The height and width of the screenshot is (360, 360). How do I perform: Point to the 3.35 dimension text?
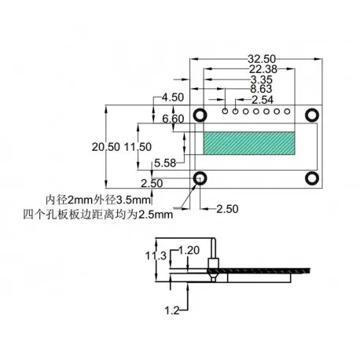point(261,79)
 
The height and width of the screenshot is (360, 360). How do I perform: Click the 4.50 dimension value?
point(172,97)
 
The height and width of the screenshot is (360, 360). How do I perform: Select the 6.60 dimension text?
point(172,118)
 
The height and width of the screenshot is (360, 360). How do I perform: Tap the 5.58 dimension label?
point(165,163)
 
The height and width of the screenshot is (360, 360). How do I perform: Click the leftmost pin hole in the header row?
point(226,112)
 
